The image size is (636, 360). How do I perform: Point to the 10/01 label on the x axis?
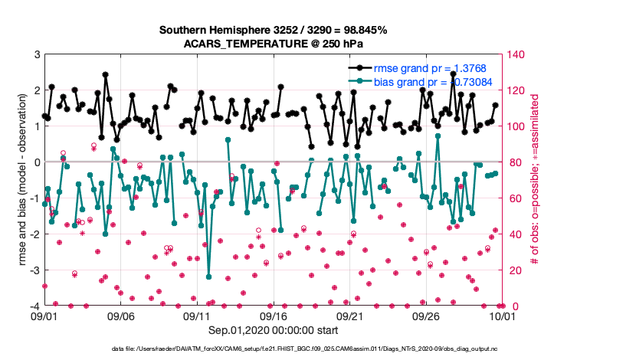click(502, 316)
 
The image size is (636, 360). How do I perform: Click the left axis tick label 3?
click(37, 54)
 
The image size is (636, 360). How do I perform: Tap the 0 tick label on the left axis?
click(37, 162)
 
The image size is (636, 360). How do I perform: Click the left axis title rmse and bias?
click(22, 181)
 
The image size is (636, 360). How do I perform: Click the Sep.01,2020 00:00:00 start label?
click(273, 330)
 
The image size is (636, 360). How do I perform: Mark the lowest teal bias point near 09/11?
click(208, 277)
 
